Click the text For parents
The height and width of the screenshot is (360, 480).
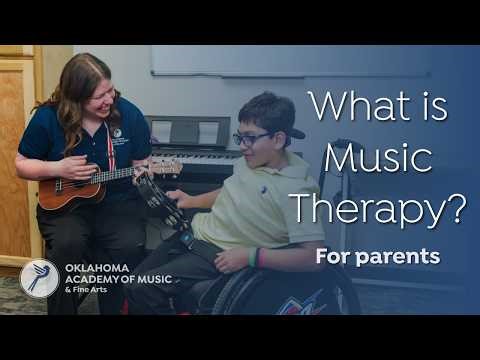pyautogui.click(x=377, y=257)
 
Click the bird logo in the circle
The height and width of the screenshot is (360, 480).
pyautogui.click(x=39, y=277)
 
